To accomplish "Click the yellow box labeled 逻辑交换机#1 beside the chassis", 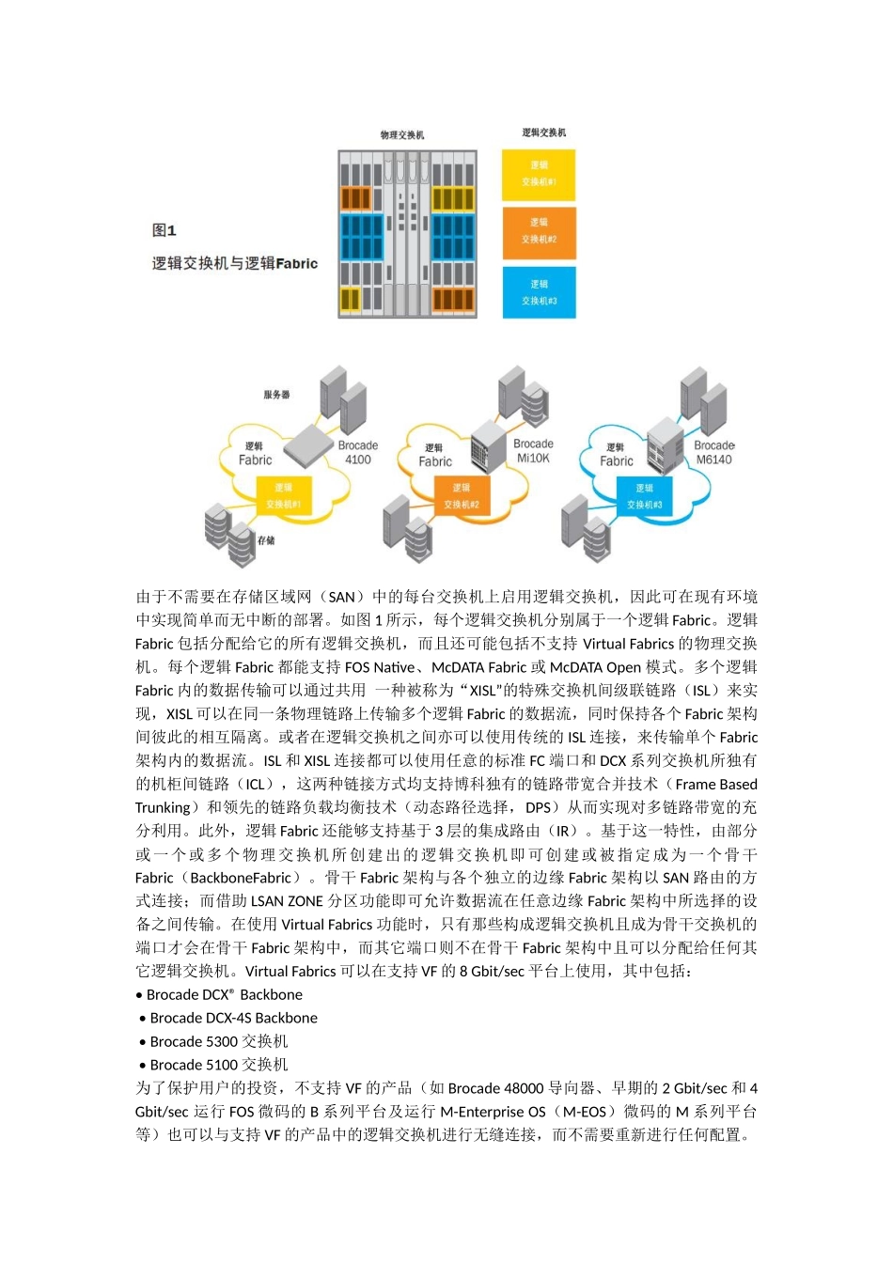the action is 539,174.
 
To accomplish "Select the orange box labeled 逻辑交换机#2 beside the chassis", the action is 539,231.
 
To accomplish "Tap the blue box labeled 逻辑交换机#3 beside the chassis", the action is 539,292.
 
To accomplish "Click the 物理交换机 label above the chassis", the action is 402,135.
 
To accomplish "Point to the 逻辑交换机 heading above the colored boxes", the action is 544,133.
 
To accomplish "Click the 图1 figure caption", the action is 164,230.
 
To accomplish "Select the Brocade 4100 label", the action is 358,452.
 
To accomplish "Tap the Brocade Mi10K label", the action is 533,451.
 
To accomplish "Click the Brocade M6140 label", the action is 714,452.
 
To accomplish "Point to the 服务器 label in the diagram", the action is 277,395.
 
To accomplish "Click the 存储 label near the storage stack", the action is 267,540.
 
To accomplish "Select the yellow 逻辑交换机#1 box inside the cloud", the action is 284,496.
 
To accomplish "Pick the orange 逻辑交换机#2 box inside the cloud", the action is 462,496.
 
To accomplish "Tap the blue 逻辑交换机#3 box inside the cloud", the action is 645,496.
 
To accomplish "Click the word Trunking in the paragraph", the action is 163,807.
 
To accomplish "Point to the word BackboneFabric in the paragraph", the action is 241,878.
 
